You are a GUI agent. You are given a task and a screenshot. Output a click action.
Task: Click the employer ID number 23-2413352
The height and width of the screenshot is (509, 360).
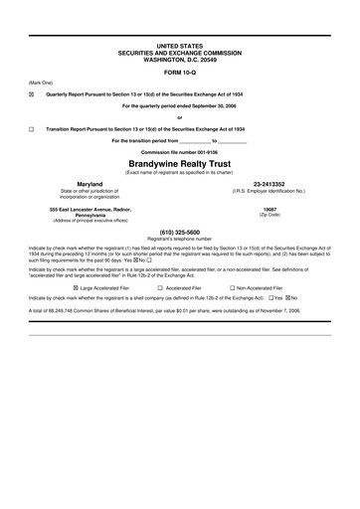click(270, 183)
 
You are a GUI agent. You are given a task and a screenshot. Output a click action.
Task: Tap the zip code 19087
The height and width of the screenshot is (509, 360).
click(270, 210)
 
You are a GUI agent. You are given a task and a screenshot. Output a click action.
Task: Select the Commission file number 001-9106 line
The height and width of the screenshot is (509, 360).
click(179, 150)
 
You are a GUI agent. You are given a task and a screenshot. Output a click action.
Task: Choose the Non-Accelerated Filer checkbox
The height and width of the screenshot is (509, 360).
click(231, 286)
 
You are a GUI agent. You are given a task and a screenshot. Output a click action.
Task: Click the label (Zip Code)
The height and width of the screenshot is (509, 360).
click(270, 216)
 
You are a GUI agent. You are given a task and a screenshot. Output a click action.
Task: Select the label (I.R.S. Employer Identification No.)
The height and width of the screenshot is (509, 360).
click(270, 190)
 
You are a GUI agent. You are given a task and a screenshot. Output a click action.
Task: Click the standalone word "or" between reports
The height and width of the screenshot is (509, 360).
click(179, 117)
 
